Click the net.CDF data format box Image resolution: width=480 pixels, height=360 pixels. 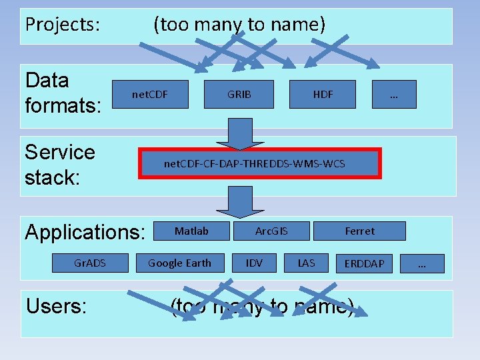150,95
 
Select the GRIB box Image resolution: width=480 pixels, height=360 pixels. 239,95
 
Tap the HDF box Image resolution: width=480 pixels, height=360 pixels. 323,95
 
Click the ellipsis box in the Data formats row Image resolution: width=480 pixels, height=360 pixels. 394,95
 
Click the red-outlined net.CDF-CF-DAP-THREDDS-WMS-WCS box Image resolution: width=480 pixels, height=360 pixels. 259,164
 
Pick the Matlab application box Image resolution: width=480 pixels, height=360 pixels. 192,231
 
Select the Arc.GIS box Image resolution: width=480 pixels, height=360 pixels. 272,231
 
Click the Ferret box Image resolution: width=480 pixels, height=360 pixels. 359,231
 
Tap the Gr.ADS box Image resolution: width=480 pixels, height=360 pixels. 89,263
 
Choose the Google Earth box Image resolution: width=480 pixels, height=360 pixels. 179,263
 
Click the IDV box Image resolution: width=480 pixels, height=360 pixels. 254,263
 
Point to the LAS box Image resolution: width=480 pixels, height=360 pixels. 306,263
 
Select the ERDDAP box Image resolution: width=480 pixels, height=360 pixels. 364,263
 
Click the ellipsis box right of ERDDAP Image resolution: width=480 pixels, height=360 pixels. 421,263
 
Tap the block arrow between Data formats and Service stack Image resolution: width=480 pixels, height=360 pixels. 240,134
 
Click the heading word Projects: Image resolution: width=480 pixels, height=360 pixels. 63,25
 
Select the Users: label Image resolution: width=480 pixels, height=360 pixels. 56,306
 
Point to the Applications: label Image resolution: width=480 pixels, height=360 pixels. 85,233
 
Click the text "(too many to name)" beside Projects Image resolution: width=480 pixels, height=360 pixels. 239,25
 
